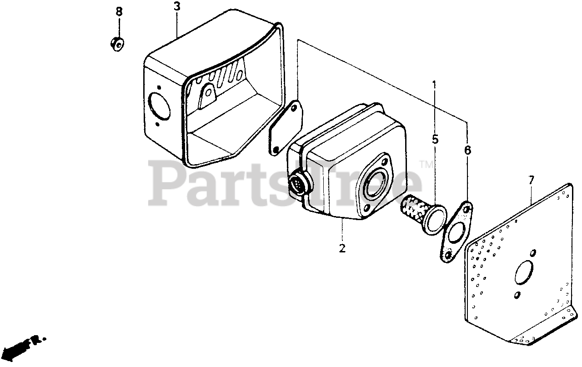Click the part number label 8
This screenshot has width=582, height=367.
pos(119,11)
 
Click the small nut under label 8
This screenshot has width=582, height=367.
pos(117,44)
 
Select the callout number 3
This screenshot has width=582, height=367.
pos(176,7)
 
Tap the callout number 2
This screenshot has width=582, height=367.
pos(342,248)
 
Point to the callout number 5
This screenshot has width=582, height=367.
pos(435,140)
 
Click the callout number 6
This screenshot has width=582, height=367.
pos(467,150)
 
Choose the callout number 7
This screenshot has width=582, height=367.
pos(531,181)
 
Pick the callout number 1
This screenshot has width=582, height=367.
pos(434,85)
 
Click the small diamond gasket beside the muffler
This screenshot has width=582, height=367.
pos(285,128)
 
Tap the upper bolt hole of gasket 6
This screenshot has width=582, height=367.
pos(467,209)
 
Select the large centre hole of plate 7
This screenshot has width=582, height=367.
pos(524,273)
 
